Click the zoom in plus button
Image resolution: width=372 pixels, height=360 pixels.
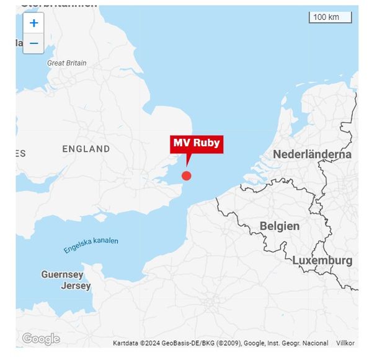point(33,24)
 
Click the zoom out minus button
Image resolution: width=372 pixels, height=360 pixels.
point(33,43)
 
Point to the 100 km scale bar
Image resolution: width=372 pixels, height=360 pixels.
point(330,17)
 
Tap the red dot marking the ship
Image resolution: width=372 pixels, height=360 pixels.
point(186,175)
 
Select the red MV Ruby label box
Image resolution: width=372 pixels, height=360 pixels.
point(196,143)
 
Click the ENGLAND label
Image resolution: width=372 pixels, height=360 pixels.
point(86,149)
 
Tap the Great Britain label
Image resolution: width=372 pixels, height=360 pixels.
point(67,63)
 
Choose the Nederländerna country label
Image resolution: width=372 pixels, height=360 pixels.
point(312,154)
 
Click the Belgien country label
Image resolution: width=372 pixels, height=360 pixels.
point(280,226)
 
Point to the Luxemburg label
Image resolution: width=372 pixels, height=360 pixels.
point(322,260)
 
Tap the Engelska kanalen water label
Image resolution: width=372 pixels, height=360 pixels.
point(91,245)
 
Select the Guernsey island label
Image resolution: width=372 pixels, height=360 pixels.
point(62,274)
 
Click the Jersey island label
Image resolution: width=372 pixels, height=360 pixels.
point(76,286)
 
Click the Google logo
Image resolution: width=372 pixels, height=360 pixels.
point(40,339)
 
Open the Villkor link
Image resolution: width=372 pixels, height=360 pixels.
point(345,343)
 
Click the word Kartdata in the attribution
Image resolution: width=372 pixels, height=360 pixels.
point(126,343)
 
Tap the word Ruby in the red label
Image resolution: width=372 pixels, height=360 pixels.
point(206,143)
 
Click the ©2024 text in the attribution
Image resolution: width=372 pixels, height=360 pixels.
point(151,343)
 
